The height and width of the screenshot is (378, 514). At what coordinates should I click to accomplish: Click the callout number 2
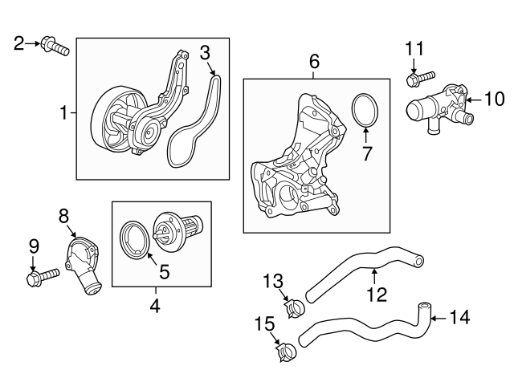(19, 43)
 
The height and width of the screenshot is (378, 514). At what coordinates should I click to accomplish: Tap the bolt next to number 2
(55, 46)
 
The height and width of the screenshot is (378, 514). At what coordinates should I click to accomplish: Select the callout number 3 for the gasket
(206, 53)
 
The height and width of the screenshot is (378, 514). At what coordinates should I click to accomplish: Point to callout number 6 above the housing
(314, 61)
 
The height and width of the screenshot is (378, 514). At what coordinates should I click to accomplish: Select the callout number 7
(367, 153)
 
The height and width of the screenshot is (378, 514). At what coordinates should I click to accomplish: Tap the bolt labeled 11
(422, 78)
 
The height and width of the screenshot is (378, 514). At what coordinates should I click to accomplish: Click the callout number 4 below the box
(155, 306)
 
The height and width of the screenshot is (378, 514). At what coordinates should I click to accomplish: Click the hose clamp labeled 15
(284, 349)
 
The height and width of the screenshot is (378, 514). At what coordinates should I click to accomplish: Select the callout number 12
(377, 295)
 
